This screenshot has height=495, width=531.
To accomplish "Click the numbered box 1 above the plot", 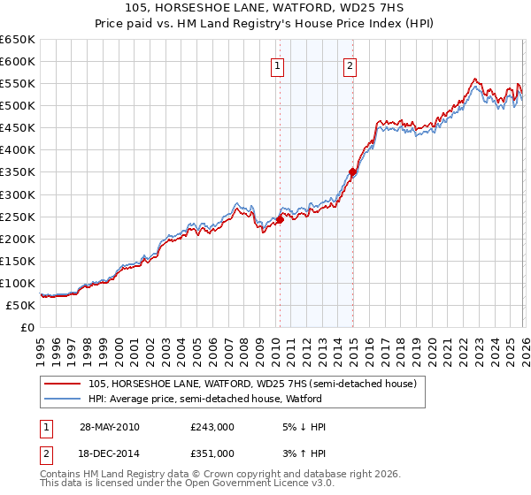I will (x=278, y=65).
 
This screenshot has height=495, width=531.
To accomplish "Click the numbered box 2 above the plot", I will (x=350, y=65).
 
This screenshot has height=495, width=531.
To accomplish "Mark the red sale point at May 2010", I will (x=280, y=219).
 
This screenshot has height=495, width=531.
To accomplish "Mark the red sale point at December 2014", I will (x=352, y=171).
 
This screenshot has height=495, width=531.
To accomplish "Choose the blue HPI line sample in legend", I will (x=64, y=399).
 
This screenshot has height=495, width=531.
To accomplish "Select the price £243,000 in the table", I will (x=212, y=427).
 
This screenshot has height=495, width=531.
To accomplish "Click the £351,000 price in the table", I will (x=212, y=453).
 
